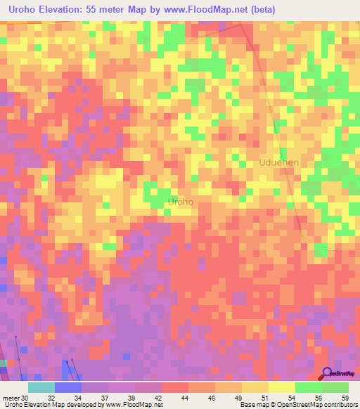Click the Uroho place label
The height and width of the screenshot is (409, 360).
click(181, 202)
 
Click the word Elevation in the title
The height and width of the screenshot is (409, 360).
click(70, 9)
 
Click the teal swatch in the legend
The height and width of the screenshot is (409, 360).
click(41, 387)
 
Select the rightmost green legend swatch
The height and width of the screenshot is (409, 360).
click(335, 387)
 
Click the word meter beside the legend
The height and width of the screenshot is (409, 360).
click(10, 397)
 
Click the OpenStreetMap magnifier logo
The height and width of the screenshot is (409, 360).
click(326, 374)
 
